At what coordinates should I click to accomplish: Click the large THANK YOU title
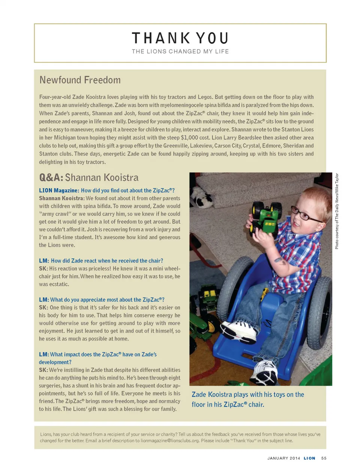pos(180,38)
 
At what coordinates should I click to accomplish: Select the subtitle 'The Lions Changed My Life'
pos(180,52)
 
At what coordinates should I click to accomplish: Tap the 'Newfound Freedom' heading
pos(80,80)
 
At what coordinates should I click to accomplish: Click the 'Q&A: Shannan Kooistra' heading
pos(89,178)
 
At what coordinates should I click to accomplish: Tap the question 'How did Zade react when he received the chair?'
pos(107,261)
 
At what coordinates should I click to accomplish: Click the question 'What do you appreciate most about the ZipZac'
pos(107,300)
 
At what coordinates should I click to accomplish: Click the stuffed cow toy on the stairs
pos(201,197)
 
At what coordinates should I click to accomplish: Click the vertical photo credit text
pos(337,211)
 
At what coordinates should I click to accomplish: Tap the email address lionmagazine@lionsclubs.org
pos(169,441)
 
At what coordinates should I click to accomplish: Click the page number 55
pos(324,458)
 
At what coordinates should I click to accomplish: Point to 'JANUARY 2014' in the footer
pos(283,458)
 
